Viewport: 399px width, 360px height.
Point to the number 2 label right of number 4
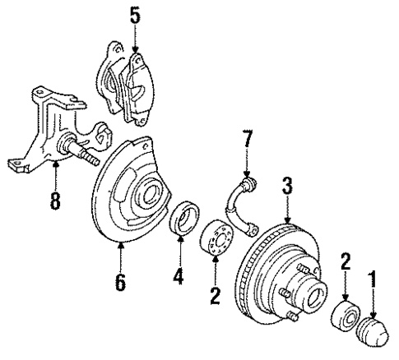tap(216, 294)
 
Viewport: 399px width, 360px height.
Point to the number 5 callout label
tap(134, 14)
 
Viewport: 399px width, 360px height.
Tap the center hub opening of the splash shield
tap(154, 196)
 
